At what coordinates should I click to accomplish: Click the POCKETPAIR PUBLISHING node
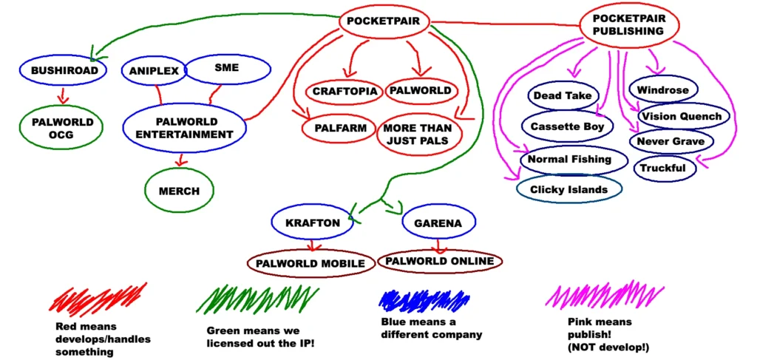coord(628,24)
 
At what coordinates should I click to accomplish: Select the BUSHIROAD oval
coord(64,70)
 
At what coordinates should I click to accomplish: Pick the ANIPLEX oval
coord(154,71)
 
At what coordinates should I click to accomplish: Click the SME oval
coord(227,68)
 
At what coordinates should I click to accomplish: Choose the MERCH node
coord(179,191)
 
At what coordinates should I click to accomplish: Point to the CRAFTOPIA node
coord(344,91)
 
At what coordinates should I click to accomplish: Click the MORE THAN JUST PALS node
coord(418,135)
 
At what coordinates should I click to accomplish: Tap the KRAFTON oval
coord(312,223)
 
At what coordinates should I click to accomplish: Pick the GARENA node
coord(438,223)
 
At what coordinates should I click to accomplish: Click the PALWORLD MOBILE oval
coord(310,263)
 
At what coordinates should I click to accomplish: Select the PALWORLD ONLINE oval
coord(440,261)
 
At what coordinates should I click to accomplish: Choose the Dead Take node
coord(563,95)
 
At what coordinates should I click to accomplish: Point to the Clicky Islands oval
coord(568,189)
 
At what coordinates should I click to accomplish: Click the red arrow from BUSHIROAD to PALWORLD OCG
coord(61,95)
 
